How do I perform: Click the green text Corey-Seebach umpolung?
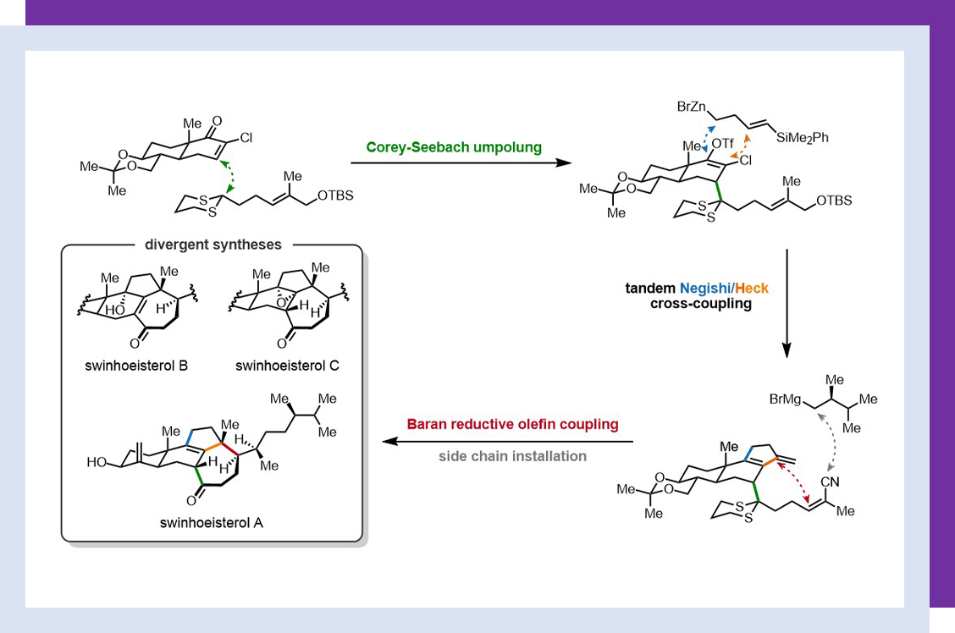(x=454, y=146)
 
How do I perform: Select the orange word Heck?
(x=752, y=289)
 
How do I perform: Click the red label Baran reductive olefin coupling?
(x=512, y=424)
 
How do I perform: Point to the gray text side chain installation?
(x=512, y=456)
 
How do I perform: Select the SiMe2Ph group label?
(x=800, y=138)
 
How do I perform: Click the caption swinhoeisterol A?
(x=211, y=522)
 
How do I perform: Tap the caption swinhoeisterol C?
(x=288, y=366)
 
